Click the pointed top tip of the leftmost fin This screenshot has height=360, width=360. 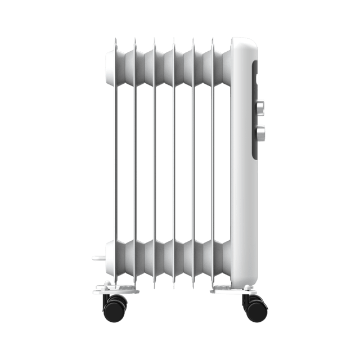(x=115, y=40)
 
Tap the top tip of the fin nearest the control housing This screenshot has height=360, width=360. (x=213, y=40)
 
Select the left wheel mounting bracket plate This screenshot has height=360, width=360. (x=115, y=289)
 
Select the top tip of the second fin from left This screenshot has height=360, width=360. (x=135, y=40)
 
